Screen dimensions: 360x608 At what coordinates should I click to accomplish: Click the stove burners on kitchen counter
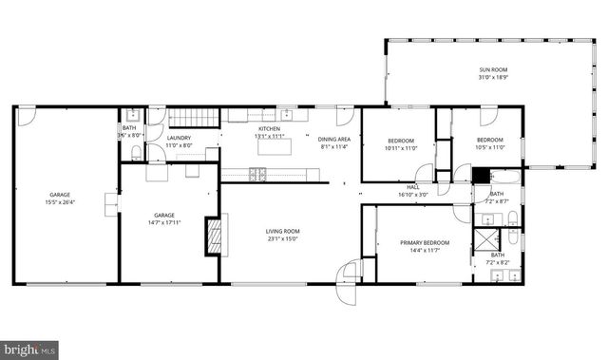257,173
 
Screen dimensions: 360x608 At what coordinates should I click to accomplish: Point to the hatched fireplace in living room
214,237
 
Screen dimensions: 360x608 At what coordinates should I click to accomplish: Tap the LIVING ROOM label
281,232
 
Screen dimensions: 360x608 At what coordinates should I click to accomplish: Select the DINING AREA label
332,139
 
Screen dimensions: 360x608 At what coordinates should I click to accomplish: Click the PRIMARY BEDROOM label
424,243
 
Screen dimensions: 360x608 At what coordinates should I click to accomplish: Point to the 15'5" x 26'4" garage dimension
59,201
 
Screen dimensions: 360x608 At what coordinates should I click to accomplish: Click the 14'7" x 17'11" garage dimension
164,223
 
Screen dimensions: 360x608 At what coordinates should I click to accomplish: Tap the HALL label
412,187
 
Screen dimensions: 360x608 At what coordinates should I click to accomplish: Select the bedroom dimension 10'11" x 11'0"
400,148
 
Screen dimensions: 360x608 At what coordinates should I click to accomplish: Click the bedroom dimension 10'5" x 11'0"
489,147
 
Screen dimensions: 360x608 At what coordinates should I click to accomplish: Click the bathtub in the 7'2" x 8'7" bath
504,176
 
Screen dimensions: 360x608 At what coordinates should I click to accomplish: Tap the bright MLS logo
29,349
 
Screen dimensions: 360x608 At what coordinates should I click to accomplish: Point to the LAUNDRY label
179,138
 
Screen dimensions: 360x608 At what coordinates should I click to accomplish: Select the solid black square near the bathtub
481,175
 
